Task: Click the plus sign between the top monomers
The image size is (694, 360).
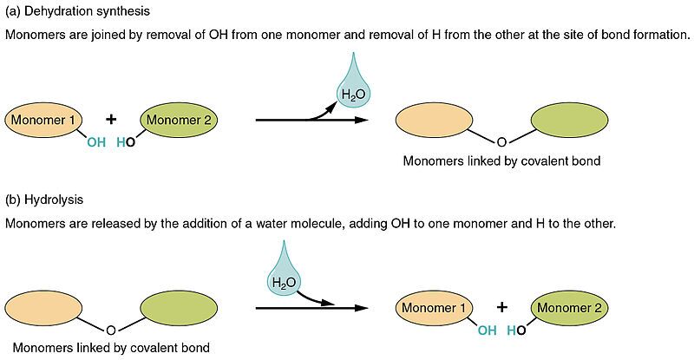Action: [110, 120]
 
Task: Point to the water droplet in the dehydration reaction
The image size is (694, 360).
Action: [352, 86]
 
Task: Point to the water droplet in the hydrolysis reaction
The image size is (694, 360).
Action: [284, 278]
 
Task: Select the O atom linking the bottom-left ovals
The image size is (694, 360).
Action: [110, 329]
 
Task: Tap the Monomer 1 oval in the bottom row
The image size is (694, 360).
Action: [434, 307]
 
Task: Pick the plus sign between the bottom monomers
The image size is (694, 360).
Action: [501, 307]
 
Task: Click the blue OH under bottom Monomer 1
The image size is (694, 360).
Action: [486, 331]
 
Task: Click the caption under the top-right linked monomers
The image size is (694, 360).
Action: [501, 161]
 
